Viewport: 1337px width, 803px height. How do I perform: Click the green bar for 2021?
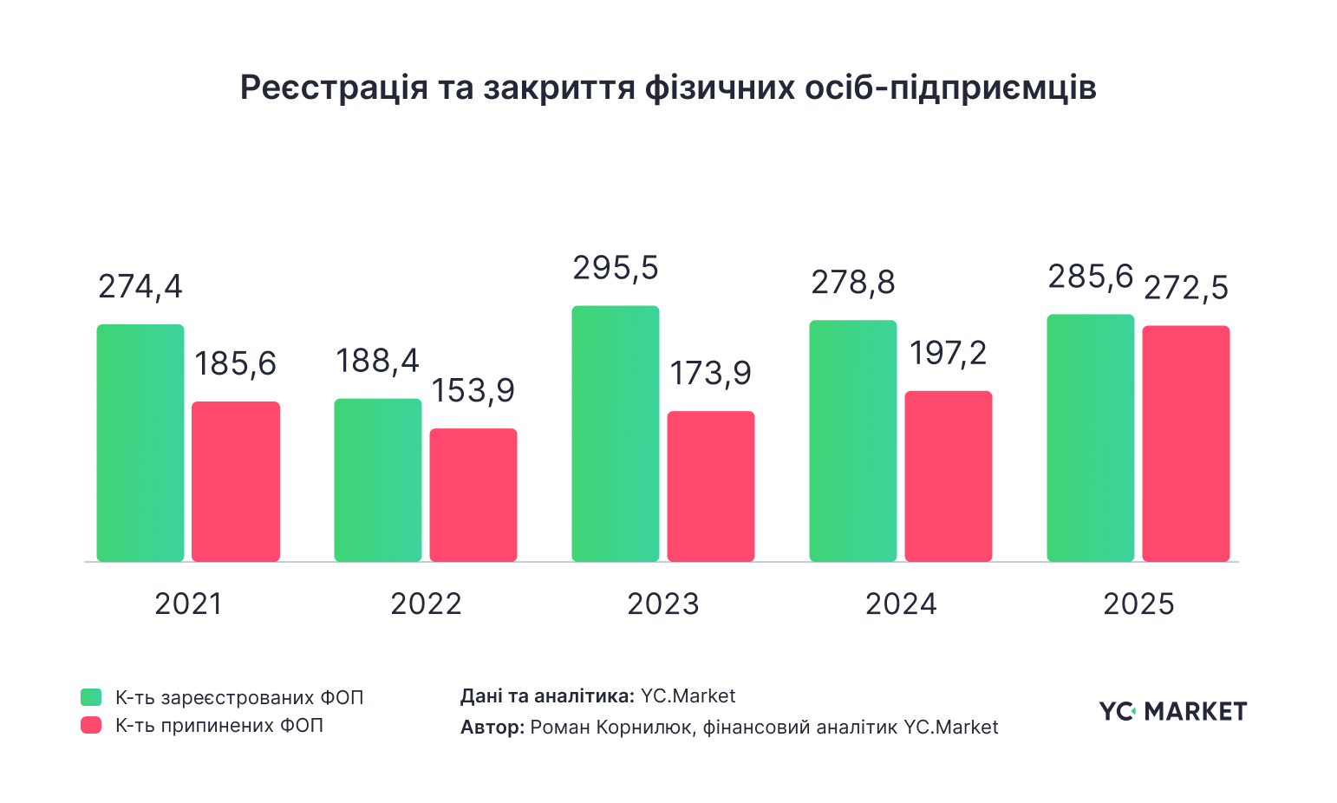point(140,443)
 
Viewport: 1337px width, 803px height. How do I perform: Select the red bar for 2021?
point(236,481)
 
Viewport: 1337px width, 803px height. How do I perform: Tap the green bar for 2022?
point(378,480)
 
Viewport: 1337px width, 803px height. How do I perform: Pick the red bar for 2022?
point(473,495)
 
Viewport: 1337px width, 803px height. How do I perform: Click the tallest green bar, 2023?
point(616,434)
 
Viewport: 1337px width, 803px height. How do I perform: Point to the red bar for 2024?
point(949,476)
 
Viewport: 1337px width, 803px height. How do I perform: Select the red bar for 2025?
point(1186,444)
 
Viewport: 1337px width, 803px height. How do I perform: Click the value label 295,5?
point(616,268)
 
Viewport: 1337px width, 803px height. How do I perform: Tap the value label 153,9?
point(473,391)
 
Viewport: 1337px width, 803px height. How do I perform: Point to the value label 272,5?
point(1186,288)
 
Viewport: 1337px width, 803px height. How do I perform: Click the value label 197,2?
point(949,353)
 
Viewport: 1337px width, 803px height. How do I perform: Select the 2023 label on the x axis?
point(663,604)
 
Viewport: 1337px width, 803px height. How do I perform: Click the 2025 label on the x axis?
point(1138,604)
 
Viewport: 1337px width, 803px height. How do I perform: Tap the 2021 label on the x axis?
point(188,604)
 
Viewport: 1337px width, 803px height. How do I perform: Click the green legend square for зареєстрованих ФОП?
point(91,697)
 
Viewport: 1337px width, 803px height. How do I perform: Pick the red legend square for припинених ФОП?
point(91,725)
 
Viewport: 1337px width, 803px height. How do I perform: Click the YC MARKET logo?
point(1173,711)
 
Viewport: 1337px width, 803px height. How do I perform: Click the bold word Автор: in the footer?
point(492,727)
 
